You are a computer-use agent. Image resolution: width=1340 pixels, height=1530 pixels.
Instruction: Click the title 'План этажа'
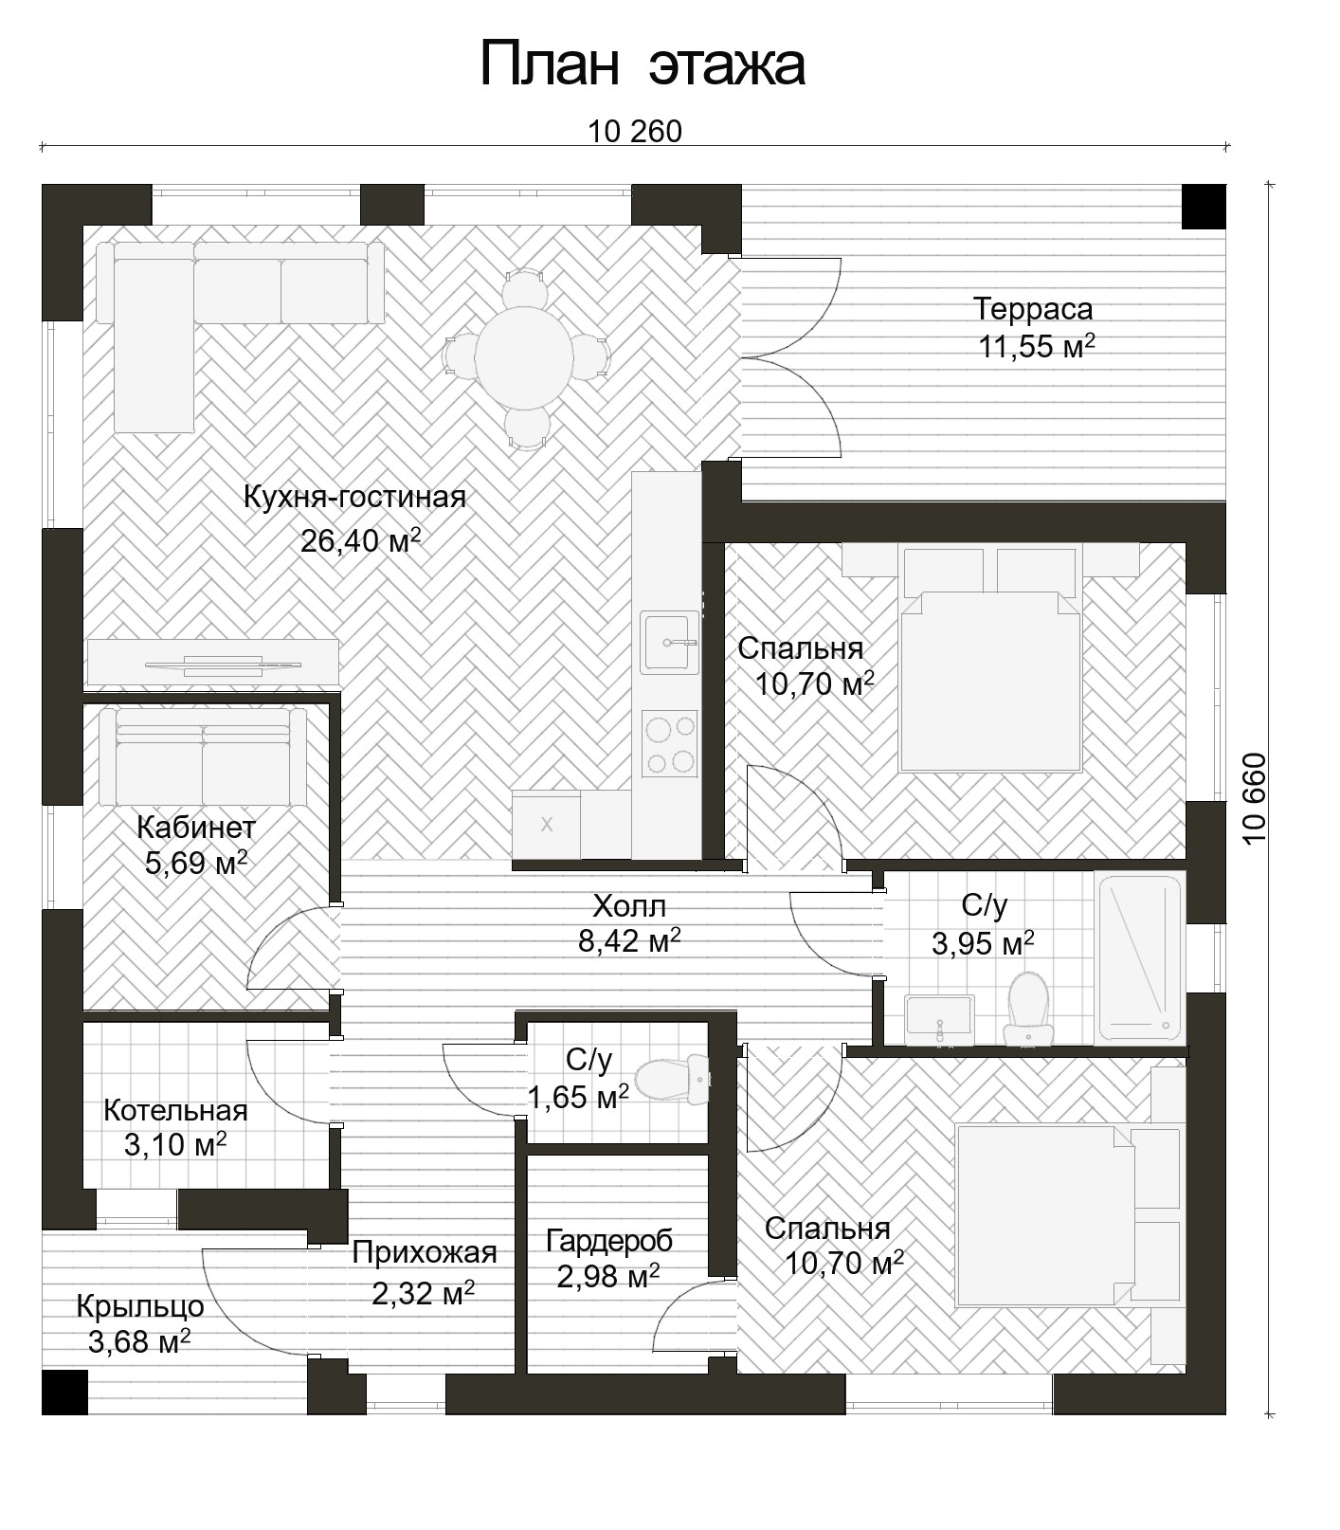(x=643, y=64)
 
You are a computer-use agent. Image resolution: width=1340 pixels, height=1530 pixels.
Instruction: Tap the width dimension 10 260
(x=634, y=131)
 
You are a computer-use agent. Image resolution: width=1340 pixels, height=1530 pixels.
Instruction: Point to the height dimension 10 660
(x=1252, y=799)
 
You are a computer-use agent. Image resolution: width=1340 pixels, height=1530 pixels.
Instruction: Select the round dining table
(x=524, y=356)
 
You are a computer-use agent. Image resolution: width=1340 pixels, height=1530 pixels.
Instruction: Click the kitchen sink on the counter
(x=669, y=642)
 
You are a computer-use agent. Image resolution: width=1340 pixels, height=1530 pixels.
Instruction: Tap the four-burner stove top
(x=669, y=743)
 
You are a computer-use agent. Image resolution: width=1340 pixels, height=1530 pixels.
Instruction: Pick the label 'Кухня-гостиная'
(x=354, y=497)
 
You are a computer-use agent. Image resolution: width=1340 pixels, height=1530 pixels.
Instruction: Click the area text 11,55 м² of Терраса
(x=1037, y=346)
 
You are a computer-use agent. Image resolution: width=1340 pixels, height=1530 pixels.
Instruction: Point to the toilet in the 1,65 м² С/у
(x=673, y=1080)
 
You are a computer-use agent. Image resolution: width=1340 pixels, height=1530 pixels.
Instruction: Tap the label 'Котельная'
(x=175, y=1110)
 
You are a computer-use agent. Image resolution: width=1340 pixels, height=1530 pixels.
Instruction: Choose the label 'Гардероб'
(x=609, y=1240)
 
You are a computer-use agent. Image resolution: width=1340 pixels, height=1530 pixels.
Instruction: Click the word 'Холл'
(x=629, y=907)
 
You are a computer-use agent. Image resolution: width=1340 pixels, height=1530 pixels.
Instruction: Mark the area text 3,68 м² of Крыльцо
(x=139, y=1341)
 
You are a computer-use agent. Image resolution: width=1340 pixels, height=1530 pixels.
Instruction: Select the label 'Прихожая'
(x=425, y=1252)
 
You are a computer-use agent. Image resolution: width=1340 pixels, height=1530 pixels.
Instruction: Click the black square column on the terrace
(x=1204, y=206)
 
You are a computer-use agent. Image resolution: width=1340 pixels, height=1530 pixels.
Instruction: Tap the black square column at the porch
(x=64, y=1392)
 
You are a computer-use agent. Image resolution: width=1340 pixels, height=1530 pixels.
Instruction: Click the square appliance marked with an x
(x=547, y=824)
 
